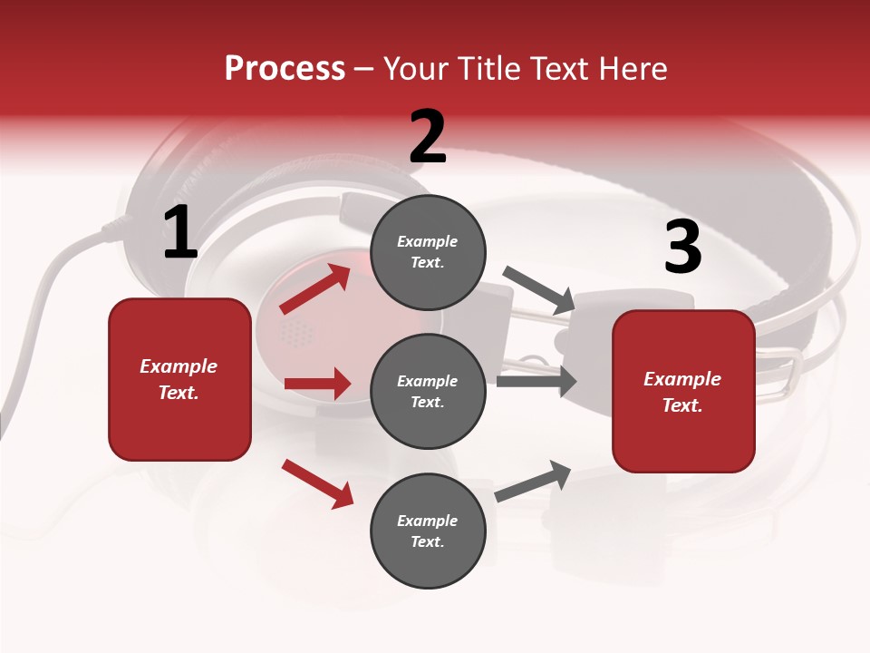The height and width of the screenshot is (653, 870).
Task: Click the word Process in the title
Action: click(x=285, y=69)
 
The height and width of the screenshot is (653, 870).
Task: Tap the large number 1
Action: click(x=180, y=233)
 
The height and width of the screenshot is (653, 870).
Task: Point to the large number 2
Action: click(x=428, y=137)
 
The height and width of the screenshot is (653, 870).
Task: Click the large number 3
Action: click(x=682, y=248)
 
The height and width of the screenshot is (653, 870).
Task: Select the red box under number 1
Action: click(x=179, y=379)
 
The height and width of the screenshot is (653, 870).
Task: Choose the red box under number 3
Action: click(x=683, y=391)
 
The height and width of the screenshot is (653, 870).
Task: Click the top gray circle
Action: click(x=428, y=252)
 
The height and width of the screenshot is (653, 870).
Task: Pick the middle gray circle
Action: click(x=428, y=392)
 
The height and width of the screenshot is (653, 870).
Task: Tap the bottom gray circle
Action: click(x=428, y=531)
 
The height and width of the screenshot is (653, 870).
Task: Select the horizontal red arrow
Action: click(x=317, y=384)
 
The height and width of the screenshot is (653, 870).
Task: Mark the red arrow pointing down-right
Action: click(x=318, y=483)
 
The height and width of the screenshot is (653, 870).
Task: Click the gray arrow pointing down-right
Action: click(x=539, y=289)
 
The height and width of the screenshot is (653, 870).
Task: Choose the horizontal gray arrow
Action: click(x=536, y=381)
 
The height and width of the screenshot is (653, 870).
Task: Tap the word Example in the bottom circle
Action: click(x=427, y=521)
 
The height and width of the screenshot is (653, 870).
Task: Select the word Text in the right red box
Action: click(x=681, y=405)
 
